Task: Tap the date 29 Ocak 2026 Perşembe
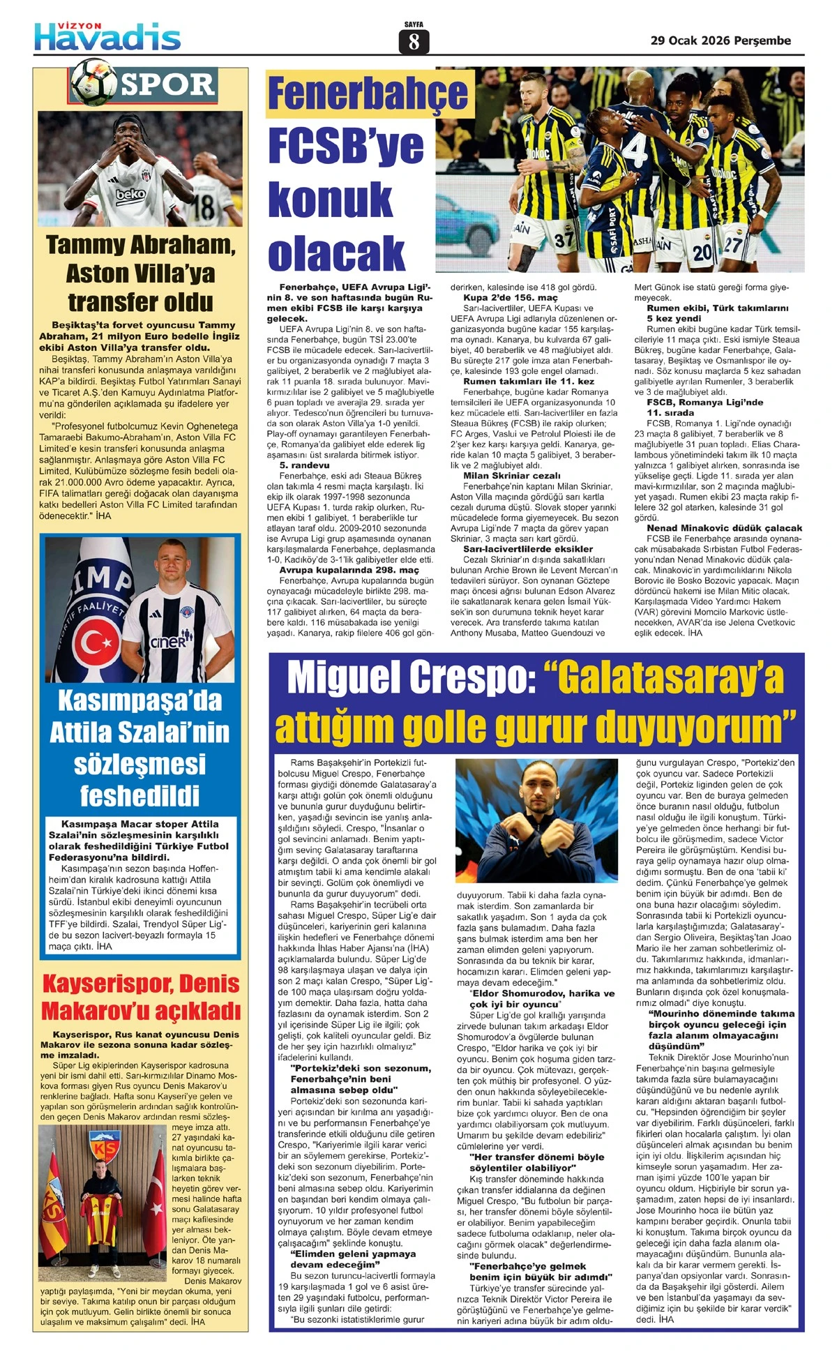point(721,40)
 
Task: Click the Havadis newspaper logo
point(108,36)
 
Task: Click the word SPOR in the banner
point(168,85)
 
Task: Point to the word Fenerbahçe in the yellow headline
point(368,94)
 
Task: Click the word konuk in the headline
point(330,199)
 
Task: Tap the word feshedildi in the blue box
point(139,795)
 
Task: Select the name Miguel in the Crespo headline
point(345,677)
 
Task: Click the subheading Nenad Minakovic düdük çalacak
point(724,528)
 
